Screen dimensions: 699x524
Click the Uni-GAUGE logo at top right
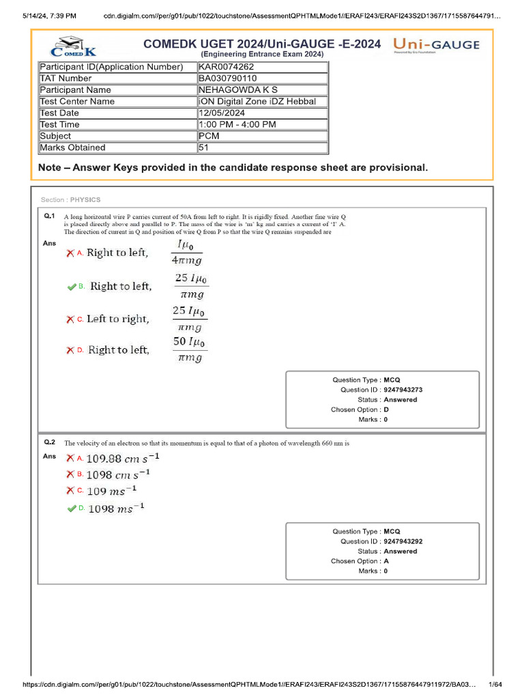tap(436, 46)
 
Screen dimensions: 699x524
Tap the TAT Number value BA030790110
tap(229, 79)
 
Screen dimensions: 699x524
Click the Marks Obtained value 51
tap(203, 147)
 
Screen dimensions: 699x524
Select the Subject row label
tap(55, 136)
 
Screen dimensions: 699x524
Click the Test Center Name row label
tap(77, 101)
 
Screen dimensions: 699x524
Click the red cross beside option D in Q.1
tap(70, 350)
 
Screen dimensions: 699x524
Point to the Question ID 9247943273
tap(403, 390)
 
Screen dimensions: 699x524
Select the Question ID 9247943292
tap(403, 541)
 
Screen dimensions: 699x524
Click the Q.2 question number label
tap(49, 442)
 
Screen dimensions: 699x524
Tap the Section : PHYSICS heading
tap(70, 200)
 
